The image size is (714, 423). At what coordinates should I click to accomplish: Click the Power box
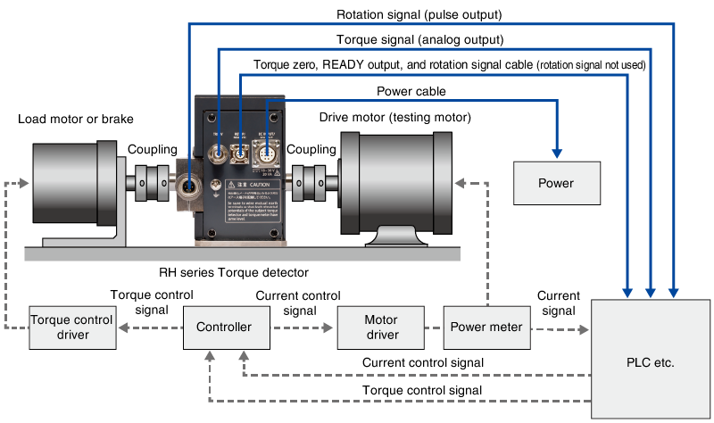[x=556, y=183]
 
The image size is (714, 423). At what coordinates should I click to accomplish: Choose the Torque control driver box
[x=72, y=327]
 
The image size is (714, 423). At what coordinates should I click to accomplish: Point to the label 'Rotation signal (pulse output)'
[x=419, y=15]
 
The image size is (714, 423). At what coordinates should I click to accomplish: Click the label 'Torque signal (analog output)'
[x=419, y=40]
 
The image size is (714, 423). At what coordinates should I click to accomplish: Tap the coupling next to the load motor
[x=152, y=182]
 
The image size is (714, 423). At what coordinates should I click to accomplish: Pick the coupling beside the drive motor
[x=311, y=182]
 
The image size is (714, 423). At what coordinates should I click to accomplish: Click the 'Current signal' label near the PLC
[x=559, y=303]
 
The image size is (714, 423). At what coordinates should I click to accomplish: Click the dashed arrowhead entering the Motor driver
[x=331, y=328]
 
